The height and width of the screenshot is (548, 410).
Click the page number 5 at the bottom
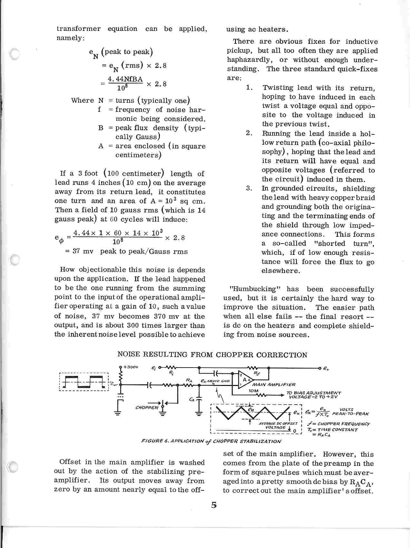(214, 505)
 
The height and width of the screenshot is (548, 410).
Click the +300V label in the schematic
(131, 367)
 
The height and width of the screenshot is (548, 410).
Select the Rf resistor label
(257, 374)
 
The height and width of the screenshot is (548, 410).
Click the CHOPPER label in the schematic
(147, 407)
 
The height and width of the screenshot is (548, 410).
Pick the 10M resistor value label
(254, 391)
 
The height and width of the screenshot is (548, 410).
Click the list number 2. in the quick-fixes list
(249, 133)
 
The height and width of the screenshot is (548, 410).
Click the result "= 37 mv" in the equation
(79, 252)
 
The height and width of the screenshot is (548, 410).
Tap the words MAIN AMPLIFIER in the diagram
(274, 385)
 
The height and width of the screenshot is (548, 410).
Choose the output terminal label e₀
(326, 368)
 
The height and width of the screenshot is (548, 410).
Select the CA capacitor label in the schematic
(192, 400)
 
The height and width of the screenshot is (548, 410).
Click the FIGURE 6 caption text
(211, 441)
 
